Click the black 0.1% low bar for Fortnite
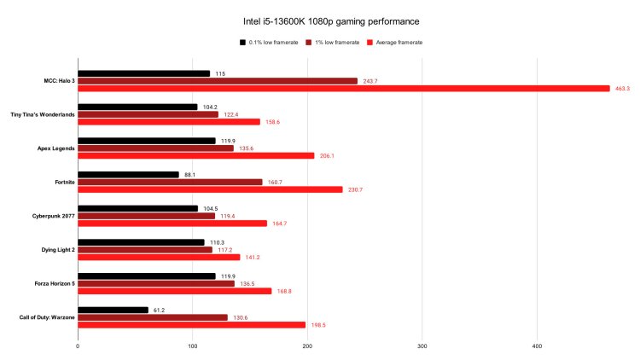pos(128,175)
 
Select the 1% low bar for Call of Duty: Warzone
pos(153,317)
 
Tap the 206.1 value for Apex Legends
pos(327,156)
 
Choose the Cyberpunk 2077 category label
pos(49,216)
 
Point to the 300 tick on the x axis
pos(422,346)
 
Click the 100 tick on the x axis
pos(193,346)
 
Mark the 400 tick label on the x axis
pos(537,346)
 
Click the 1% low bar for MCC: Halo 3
pos(218,81)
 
